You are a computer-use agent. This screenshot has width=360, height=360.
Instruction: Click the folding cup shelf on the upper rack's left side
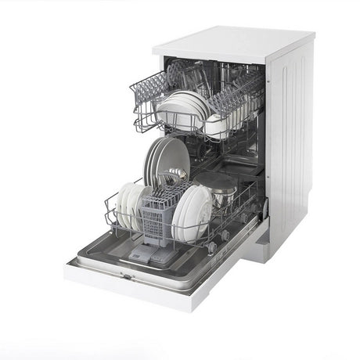click(x=153, y=86)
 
